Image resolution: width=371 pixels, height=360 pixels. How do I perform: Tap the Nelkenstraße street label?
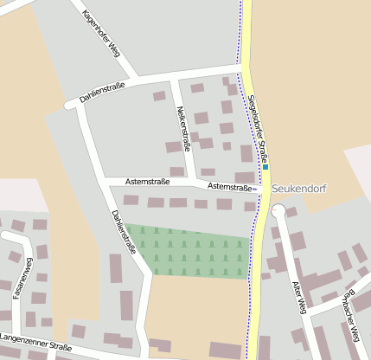point(182,126)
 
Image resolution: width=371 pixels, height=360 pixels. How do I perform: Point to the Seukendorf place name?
point(297,188)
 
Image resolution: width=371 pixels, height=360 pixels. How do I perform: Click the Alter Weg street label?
point(300,298)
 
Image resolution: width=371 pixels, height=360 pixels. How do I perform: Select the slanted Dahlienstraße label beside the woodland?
point(123,231)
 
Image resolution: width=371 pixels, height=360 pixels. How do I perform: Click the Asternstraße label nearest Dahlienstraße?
point(147,182)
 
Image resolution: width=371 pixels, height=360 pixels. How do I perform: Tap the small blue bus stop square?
point(265,166)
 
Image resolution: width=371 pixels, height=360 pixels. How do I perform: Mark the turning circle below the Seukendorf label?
point(278,211)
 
